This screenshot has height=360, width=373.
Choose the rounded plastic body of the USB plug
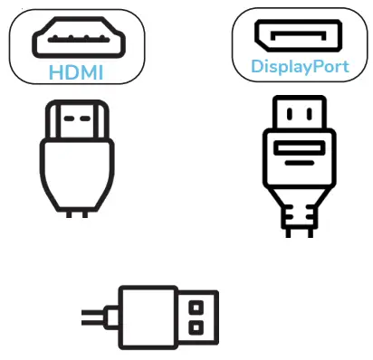146,316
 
